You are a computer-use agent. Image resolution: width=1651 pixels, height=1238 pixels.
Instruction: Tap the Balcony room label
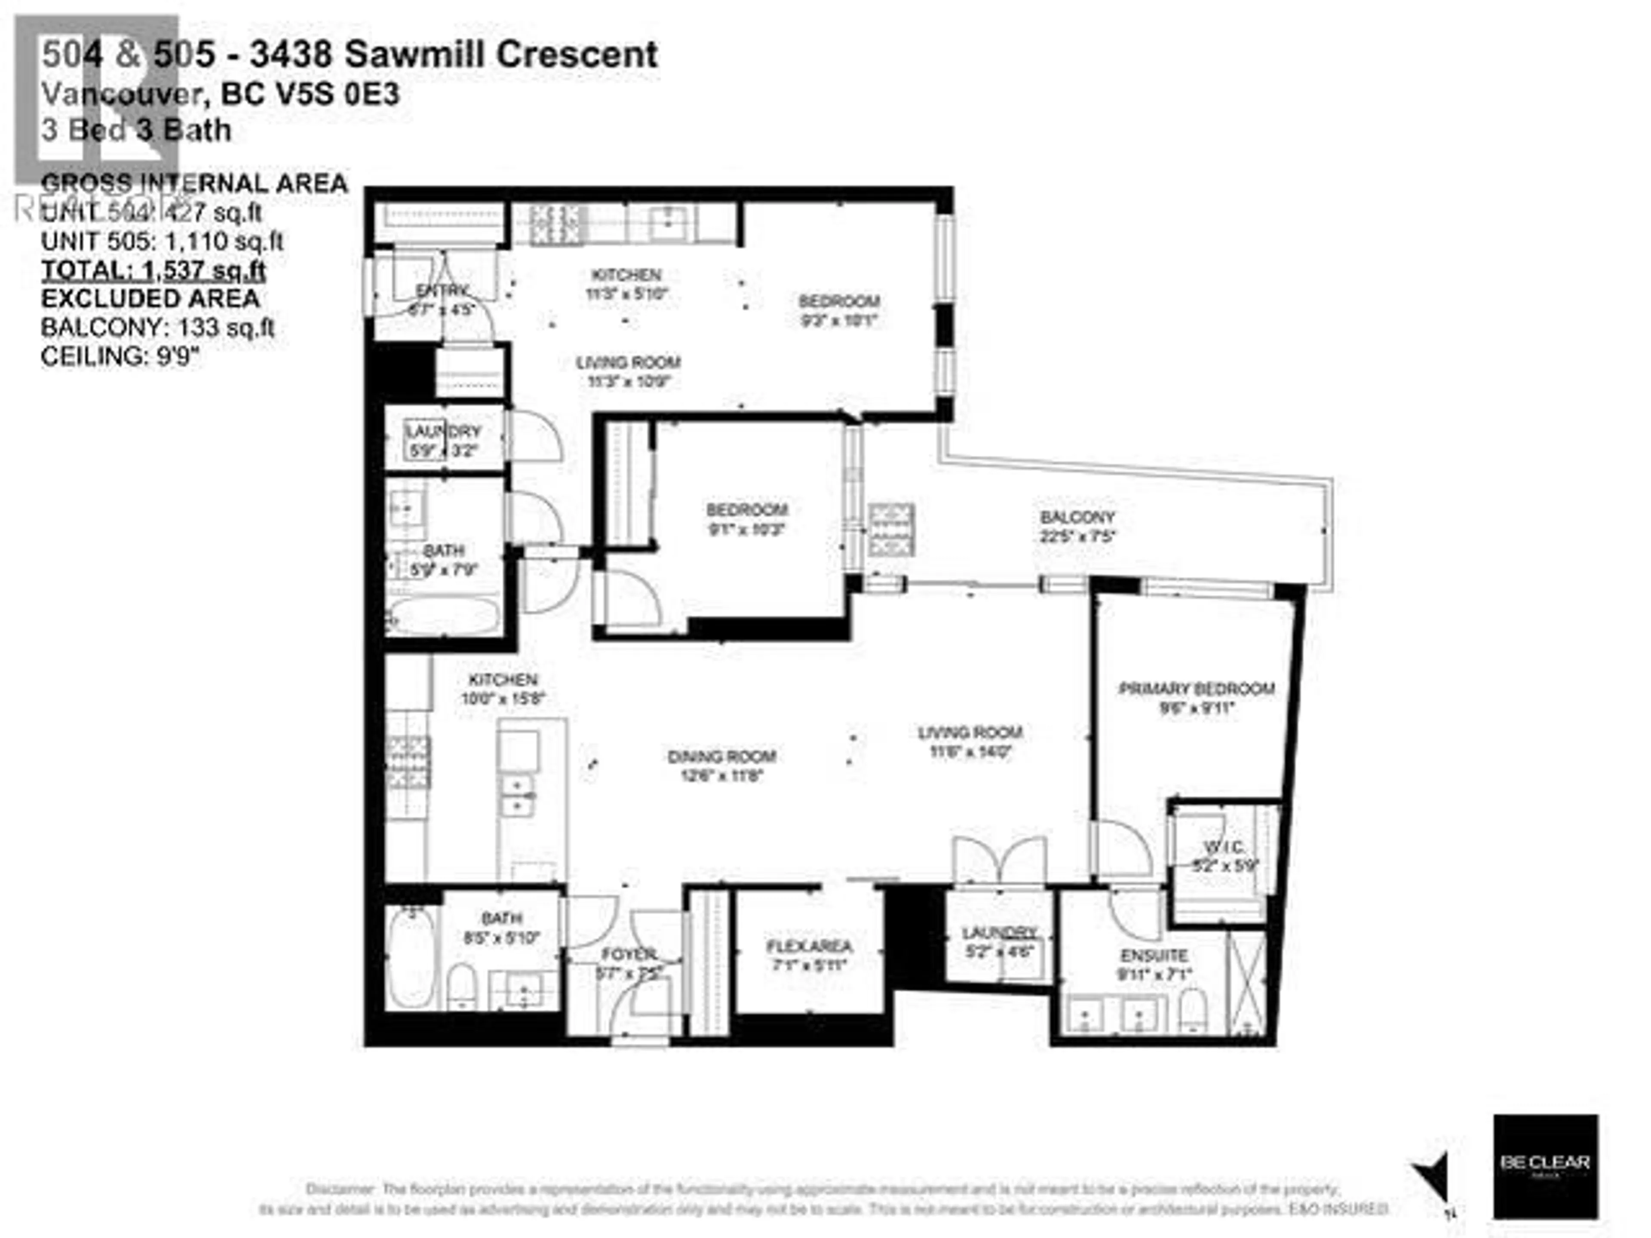pos(1077,517)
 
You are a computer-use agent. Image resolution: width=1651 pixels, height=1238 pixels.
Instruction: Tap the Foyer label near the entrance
pos(629,954)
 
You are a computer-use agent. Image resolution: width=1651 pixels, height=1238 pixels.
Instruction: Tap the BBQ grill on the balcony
pos(890,530)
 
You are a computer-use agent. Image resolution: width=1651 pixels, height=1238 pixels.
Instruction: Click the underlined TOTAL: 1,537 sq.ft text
pos(153,270)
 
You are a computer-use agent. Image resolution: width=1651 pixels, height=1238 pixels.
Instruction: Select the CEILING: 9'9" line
pos(120,357)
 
